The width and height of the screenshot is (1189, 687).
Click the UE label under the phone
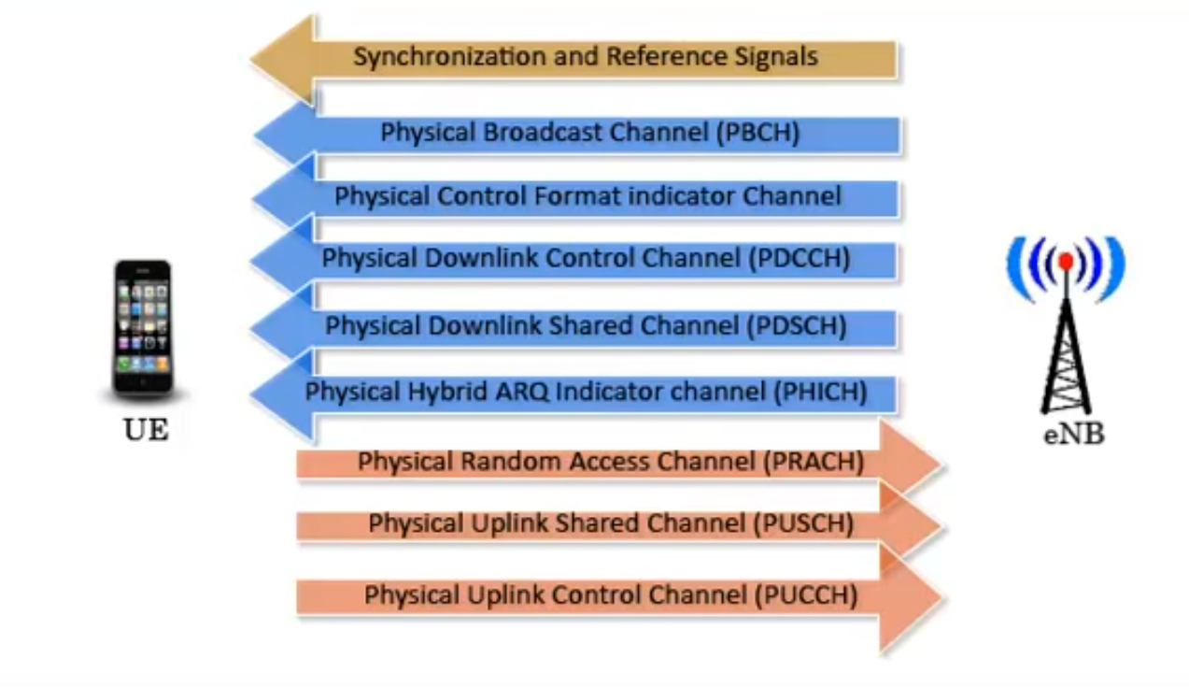coord(146,431)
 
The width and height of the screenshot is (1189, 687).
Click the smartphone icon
coord(143,328)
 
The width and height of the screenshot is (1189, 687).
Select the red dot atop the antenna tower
coord(1065,262)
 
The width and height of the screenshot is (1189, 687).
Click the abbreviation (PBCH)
coord(757,133)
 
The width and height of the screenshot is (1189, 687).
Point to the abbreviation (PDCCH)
coord(800,259)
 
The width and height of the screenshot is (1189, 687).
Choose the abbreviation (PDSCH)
coord(797,326)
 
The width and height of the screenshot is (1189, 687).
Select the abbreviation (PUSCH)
coord(803,524)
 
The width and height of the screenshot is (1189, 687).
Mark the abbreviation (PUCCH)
coord(805,594)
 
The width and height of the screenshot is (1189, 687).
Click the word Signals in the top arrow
coord(773,57)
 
